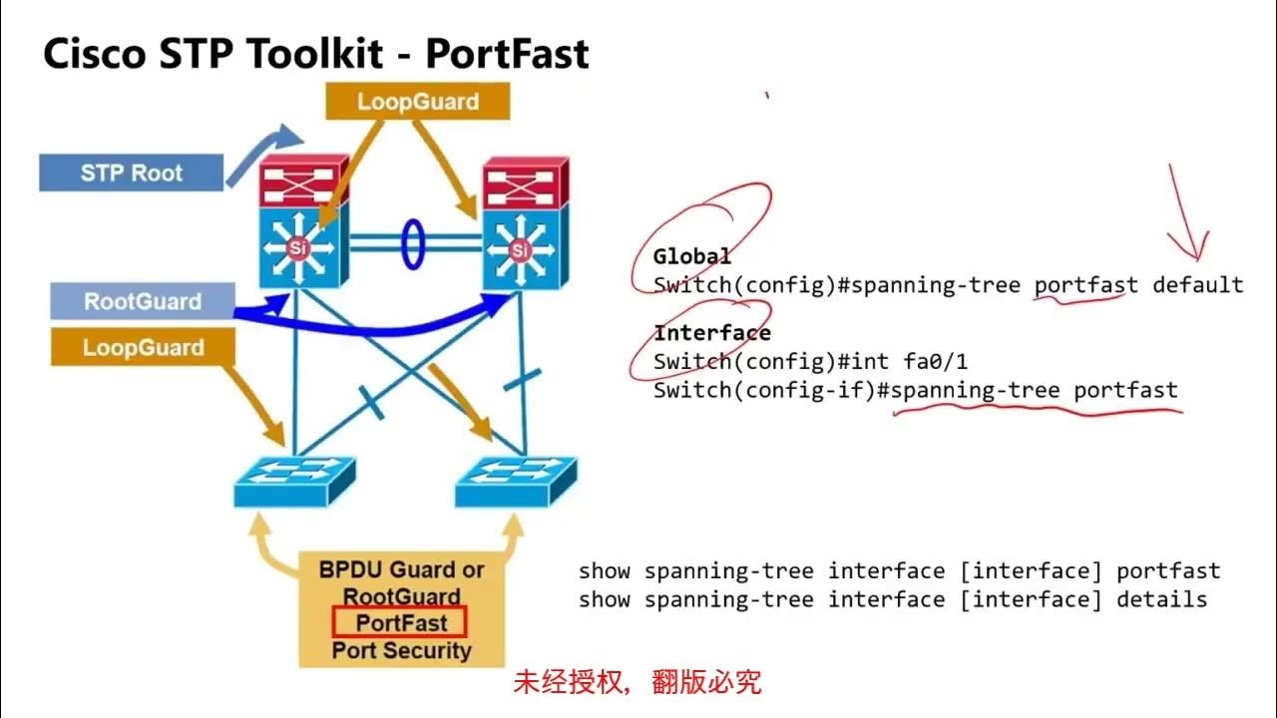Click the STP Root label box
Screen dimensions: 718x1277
point(131,173)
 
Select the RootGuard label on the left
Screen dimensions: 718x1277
point(142,301)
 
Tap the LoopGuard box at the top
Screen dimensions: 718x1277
point(418,102)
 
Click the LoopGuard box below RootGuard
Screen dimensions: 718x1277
point(143,348)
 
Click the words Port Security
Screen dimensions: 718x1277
point(401,651)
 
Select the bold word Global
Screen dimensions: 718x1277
point(691,257)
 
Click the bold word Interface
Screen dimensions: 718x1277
point(711,333)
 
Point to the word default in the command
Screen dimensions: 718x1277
point(1197,285)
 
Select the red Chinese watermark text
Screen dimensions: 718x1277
point(638,682)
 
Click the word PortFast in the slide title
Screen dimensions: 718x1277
point(507,55)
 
